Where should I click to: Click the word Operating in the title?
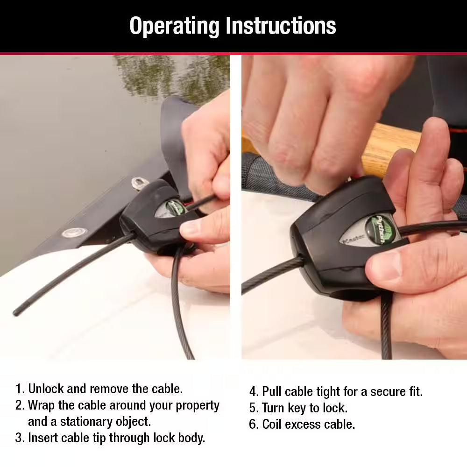(x=175, y=26)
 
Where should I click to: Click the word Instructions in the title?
(x=281, y=26)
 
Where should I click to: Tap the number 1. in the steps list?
(x=20, y=389)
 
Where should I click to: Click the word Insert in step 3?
(x=42, y=438)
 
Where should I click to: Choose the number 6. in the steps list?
(x=254, y=424)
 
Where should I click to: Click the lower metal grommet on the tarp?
(x=71, y=233)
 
